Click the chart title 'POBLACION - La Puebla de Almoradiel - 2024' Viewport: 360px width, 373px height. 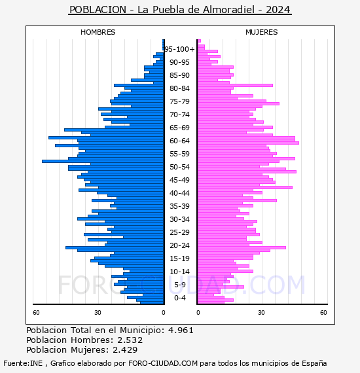[x=180, y=10]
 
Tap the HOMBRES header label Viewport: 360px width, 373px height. [x=98, y=32]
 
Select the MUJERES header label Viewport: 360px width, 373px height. [x=262, y=32]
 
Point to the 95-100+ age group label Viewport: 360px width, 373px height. [x=179, y=49]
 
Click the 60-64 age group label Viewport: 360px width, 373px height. [x=179, y=141]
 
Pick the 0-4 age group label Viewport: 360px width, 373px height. [x=179, y=298]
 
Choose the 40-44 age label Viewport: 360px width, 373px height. [x=179, y=193]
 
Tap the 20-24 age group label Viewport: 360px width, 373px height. [x=179, y=245]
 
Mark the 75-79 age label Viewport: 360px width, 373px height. [x=179, y=101]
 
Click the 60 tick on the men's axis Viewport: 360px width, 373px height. [x=36, y=313]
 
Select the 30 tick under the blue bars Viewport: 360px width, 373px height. [x=98, y=313]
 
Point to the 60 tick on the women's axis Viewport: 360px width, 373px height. [x=323, y=313]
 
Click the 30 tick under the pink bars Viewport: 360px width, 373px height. [x=261, y=313]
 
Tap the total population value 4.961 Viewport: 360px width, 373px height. [x=181, y=330]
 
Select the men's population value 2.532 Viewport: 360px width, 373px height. [x=130, y=340]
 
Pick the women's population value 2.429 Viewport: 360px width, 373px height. [x=125, y=349]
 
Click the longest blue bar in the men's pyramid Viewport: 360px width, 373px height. [x=103, y=161]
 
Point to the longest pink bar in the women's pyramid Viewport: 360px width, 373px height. [x=249, y=143]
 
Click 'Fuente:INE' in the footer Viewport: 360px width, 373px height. [x=23, y=363]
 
